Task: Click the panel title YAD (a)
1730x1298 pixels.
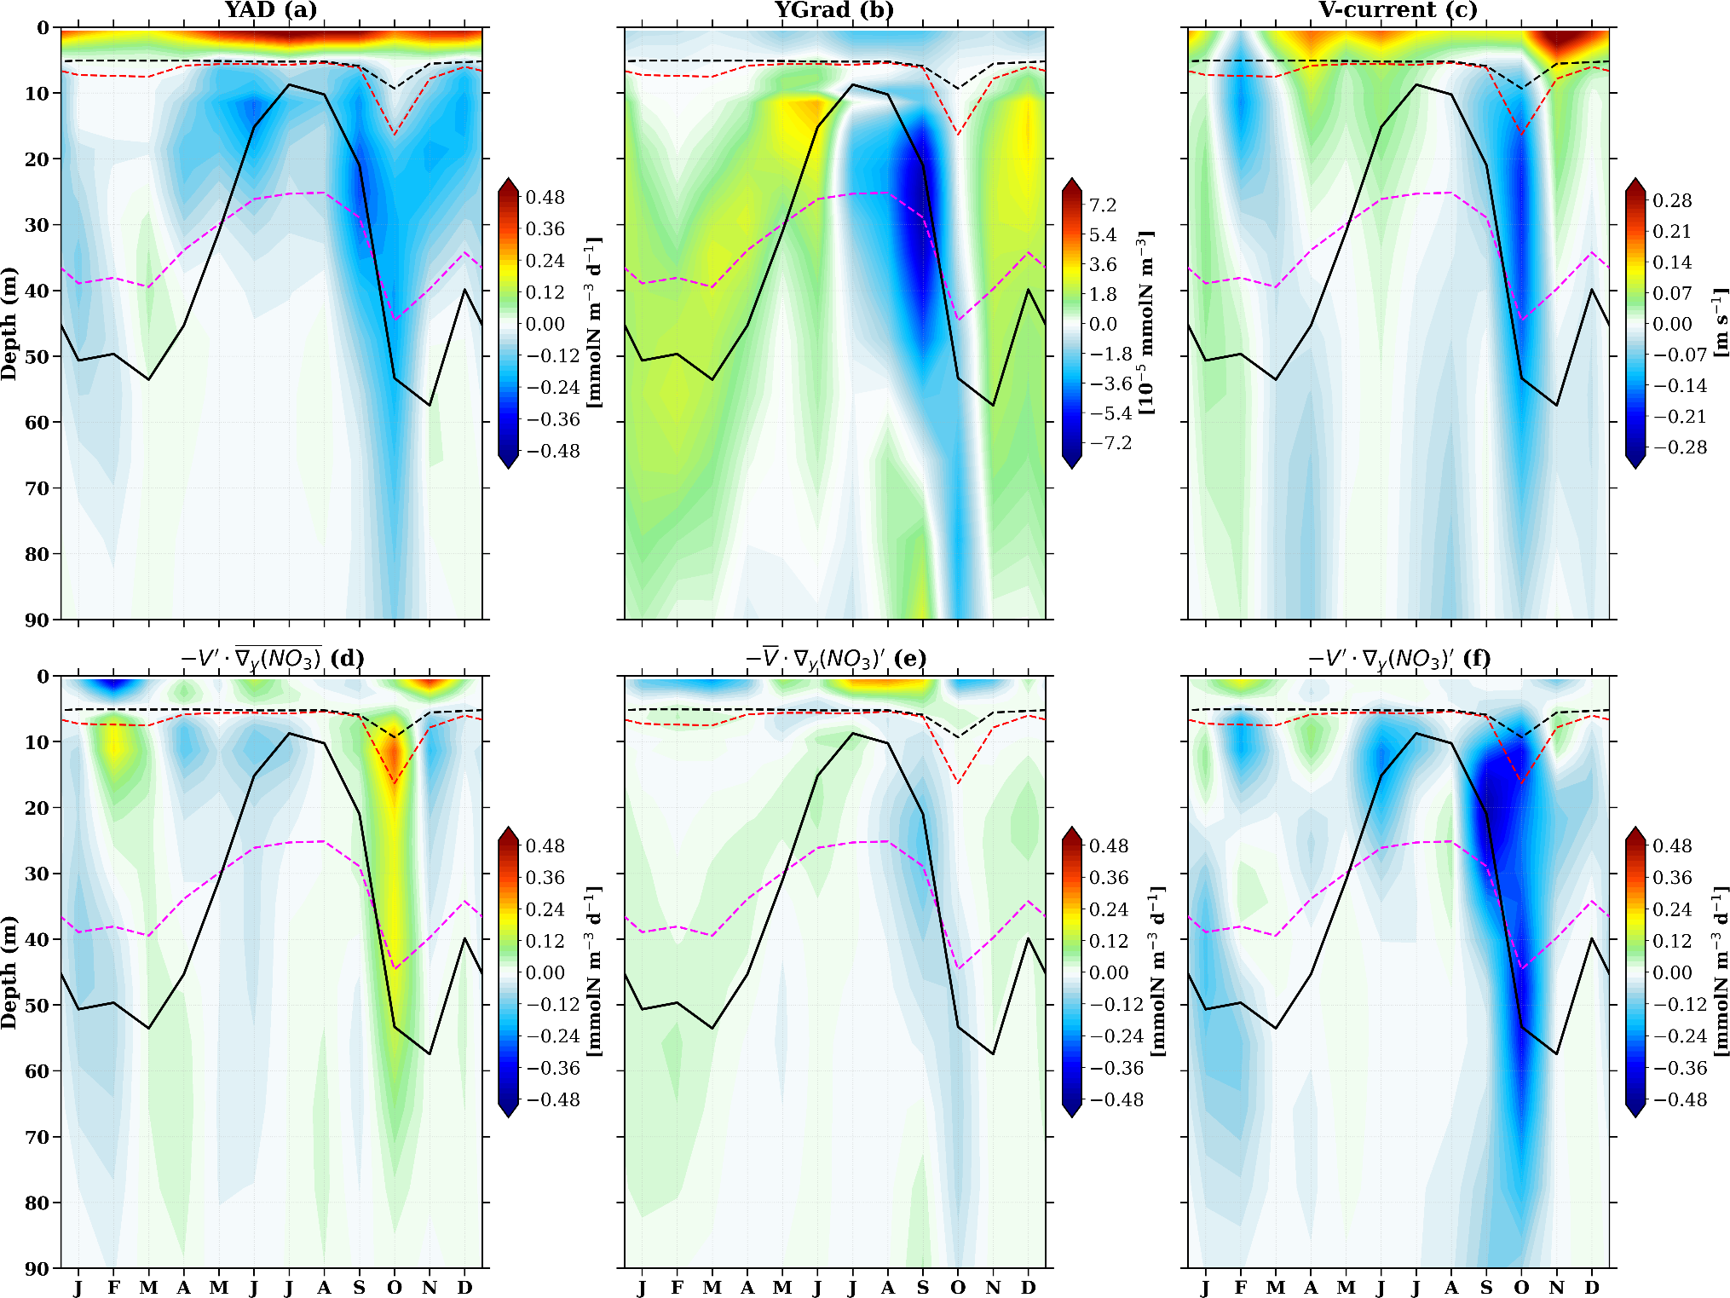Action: tap(270, 10)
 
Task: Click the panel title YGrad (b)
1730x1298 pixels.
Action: tap(834, 10)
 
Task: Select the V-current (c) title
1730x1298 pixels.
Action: tap(1398, 10)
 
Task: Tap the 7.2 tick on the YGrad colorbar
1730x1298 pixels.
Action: tap(1103, 205)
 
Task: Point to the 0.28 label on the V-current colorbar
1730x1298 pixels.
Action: tap(1672, 200)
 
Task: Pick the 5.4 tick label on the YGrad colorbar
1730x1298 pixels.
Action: tap(1103, 235)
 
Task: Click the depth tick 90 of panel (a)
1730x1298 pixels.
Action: tap(37, 620)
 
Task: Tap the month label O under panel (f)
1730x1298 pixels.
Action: tap(1522, 1287)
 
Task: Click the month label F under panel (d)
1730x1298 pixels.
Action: tap(113, 1287)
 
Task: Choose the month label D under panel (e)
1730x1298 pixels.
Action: tap(1029, 1287)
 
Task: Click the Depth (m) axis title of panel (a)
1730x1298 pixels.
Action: tap(10, 324)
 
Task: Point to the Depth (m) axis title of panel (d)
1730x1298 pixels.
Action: tap(10, 972)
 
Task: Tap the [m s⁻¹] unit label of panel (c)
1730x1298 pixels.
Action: tap(1720, 324)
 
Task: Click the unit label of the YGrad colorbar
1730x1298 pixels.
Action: tap(1146, 324)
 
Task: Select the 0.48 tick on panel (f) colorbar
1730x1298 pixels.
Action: tap(1672, 846)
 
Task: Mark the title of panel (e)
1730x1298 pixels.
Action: tap(834, 659)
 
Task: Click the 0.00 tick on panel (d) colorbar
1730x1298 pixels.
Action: tap(545, 972)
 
